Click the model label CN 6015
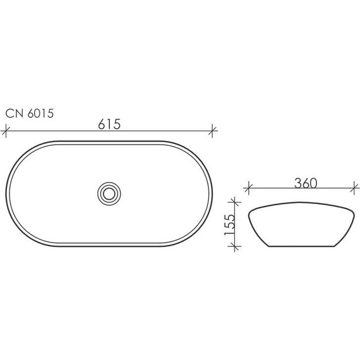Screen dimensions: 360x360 click(x=30, y=114)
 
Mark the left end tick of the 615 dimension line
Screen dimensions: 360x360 click(x=7, y=132)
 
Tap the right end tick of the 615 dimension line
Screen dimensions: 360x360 click(x=214, y=132)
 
